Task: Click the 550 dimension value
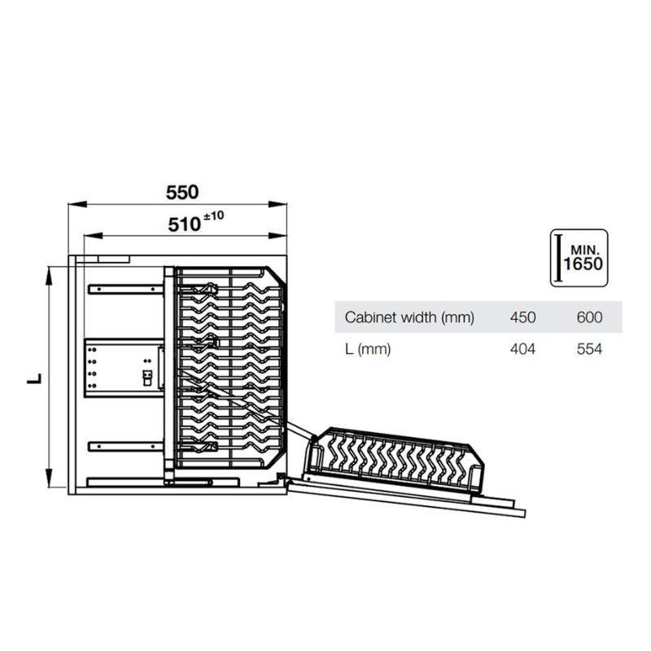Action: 182,193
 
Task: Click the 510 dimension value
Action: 185,224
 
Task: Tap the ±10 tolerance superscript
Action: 214,216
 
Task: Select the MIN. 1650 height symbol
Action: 579,258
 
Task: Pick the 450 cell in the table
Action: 523,317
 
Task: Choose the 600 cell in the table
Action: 588,317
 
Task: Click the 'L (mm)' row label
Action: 369,349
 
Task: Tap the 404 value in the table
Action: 523,349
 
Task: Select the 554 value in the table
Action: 588,349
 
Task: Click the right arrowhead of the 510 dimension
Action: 284,236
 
